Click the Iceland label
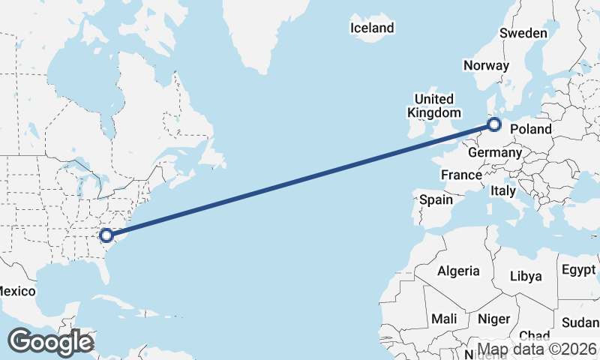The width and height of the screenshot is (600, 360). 372,28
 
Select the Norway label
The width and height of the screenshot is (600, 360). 486,65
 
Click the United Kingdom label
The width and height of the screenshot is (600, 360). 434,106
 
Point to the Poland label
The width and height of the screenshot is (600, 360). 531,129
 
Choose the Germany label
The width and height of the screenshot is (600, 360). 494,152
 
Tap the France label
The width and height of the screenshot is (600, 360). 461,175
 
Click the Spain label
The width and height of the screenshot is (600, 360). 436,199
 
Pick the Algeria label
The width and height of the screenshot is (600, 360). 458,271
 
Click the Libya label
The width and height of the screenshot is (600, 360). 525,276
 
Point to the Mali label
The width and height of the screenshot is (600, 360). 444,319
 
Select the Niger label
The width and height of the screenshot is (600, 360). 493,319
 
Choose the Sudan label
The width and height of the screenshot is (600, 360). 580,322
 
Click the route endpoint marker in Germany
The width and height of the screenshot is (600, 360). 494,124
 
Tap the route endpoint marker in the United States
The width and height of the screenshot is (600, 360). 106,235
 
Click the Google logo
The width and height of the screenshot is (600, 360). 50,342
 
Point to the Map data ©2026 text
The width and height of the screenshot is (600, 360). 537,349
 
